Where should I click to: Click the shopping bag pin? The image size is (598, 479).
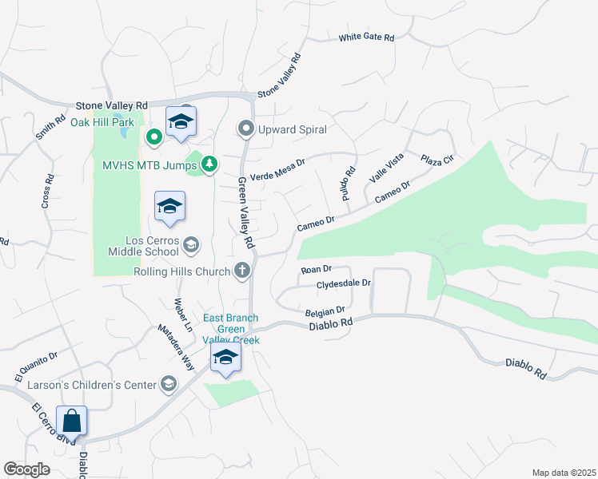click(x=71, y=421)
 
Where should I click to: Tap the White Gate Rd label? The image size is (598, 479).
click(x=366, y=38)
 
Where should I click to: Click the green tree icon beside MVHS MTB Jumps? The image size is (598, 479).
click(x=209, y=164)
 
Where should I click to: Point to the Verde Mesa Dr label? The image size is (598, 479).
click(x=278, y=168)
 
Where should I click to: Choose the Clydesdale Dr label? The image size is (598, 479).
click(x=344, y=283)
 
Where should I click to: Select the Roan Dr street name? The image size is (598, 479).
click(x=316, y=271)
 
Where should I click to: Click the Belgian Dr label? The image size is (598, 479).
click(x=325, y=311)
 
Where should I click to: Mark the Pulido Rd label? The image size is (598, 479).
click(x=348, y=184)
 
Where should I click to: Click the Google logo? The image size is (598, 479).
click(x=27, y=469)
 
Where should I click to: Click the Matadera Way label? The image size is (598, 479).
click(x=175, y=346)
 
